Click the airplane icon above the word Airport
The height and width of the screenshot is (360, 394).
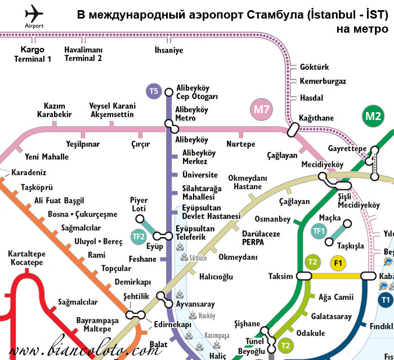click(34, 12)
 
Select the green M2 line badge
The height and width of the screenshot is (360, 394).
click(373, 117)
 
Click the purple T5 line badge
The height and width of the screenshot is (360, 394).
click(154, 91)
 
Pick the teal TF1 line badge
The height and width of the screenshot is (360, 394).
click(319, 230)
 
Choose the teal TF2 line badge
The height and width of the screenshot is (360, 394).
click(138, 237)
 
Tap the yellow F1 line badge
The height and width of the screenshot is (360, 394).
click(338, 263)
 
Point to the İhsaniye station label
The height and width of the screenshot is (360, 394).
click(169, 51)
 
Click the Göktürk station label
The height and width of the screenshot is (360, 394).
click(314, 67)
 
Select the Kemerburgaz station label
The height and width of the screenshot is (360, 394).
click(323, 81)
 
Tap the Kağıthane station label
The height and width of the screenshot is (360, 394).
click(316, 118)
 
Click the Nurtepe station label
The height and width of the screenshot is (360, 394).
click(240, 144)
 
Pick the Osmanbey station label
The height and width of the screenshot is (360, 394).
click(272, 219)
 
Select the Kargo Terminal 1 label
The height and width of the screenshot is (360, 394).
click(33, 54)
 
